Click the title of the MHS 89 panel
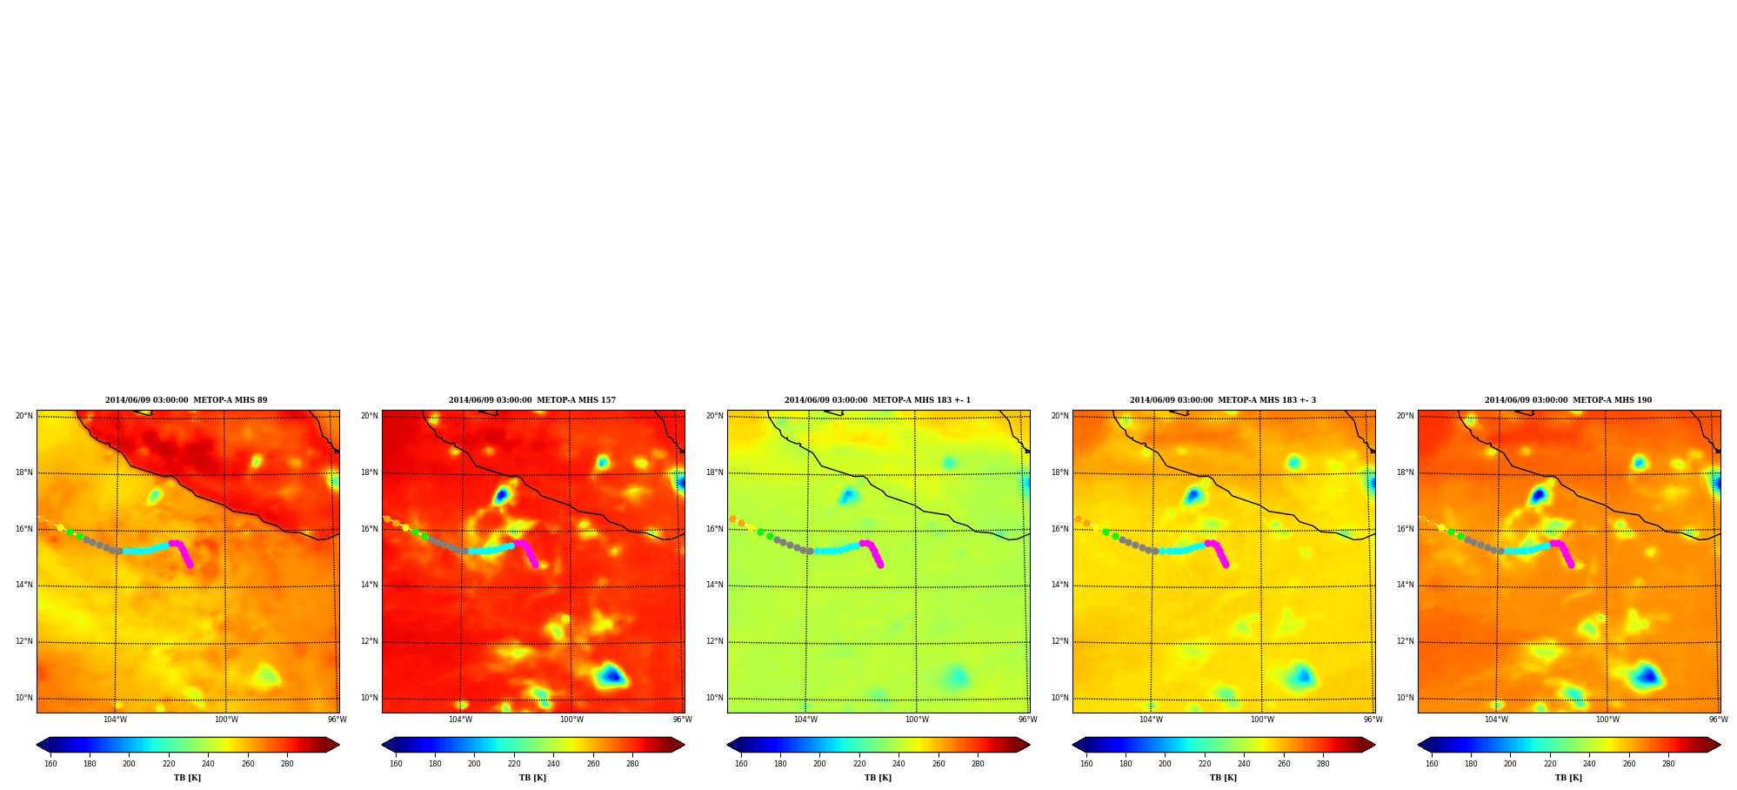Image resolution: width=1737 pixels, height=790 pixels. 186,400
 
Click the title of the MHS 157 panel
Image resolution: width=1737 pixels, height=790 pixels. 532,400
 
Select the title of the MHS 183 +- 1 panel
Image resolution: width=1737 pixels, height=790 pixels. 878,400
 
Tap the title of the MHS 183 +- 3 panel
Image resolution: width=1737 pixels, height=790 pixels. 1223,400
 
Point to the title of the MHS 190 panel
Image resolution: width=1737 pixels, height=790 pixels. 1568,400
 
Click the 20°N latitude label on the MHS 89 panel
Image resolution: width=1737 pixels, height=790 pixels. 23,416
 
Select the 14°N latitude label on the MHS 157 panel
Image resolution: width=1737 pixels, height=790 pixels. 369,585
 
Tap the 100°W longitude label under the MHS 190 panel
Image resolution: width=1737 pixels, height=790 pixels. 1607,720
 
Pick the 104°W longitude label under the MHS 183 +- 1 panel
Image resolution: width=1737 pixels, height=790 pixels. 805,720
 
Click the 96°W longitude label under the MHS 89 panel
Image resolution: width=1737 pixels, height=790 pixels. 337,720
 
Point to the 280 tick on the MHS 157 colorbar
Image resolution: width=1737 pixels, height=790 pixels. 632,764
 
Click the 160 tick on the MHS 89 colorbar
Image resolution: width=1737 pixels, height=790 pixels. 50,764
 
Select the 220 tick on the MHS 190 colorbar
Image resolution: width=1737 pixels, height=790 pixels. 1550,764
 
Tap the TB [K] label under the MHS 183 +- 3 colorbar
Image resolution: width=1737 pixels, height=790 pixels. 1223,778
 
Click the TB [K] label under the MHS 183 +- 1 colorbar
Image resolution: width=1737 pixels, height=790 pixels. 878,778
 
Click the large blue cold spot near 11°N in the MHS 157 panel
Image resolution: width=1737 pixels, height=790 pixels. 611,674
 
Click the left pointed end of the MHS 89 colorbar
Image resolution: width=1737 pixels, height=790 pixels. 37,745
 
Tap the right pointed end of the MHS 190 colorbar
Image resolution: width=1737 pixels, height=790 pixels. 1720,745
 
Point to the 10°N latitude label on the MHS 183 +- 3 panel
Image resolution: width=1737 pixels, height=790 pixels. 1059,698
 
